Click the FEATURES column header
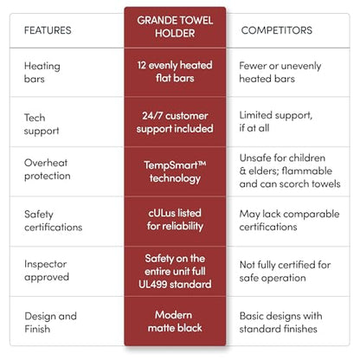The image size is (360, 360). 48,30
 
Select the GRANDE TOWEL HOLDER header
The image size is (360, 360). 175,27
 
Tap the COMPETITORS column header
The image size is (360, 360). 277,30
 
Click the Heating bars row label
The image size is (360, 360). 42,73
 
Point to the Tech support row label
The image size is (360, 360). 42,124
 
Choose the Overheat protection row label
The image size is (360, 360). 48,170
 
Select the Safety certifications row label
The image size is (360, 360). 54,221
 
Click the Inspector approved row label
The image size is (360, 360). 47,271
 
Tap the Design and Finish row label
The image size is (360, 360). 50,323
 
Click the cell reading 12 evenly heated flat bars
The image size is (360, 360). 175,72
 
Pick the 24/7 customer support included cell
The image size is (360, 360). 175,122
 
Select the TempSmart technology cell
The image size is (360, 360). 175,171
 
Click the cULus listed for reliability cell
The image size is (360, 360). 175,220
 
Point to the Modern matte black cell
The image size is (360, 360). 175,321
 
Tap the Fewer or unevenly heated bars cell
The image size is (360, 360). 280,72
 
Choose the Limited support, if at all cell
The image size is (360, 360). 276,121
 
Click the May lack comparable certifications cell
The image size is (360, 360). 289,221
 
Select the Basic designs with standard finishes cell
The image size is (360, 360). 280,322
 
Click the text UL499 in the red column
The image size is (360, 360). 153,285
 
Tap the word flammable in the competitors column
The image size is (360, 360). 307,170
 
